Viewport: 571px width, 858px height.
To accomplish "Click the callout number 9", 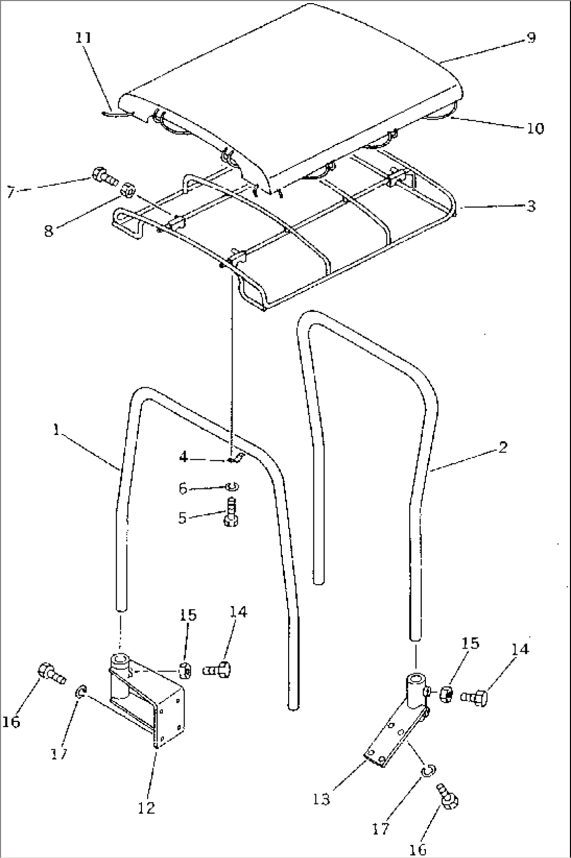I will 531,37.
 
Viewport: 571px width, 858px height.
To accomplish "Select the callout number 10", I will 535,128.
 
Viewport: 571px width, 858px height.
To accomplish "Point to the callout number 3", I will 531,206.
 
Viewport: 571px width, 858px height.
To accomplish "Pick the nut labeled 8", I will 128,190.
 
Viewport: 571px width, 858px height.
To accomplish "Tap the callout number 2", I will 503,448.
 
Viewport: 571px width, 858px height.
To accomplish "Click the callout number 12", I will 147,808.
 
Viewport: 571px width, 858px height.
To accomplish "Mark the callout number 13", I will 322,799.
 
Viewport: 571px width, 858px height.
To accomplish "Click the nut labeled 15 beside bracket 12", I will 185,669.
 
